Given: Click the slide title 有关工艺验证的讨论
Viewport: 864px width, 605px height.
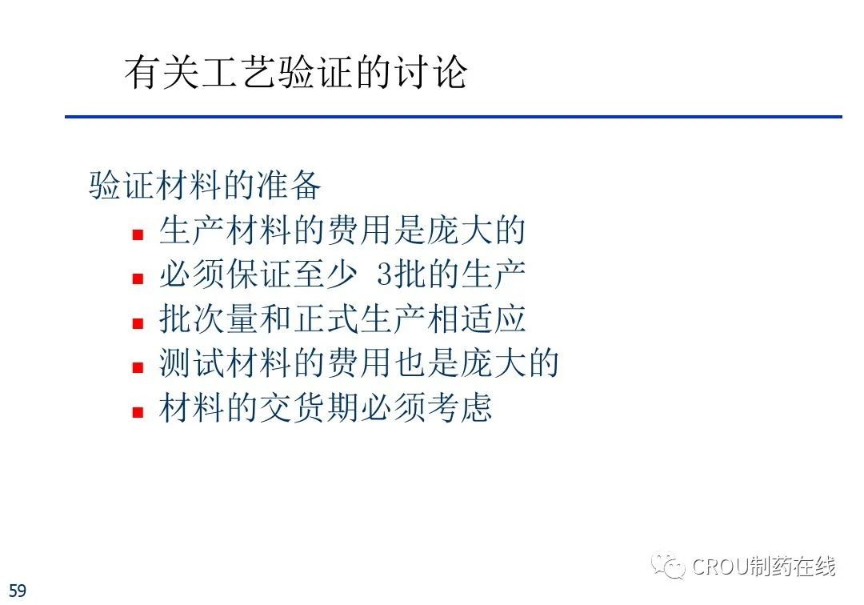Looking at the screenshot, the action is pyautogui.click(x=296, y=72).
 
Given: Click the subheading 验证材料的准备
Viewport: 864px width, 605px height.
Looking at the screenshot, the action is pyautogui.click(x=205, y=185).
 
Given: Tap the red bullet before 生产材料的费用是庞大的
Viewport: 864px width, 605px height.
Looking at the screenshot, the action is pyautogui.click(x=138, y=234).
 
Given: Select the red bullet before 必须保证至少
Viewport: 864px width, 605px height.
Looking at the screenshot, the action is pyautogui.click(x=138, y=278).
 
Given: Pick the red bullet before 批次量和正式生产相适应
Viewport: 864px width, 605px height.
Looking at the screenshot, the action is pyautogui.click(x=138, y=323).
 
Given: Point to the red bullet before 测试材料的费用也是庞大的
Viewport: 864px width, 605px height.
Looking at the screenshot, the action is pyautogui.click(x=138, y=367).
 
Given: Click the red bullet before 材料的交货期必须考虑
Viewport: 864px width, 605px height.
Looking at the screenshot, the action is pyautogui.click(x=138, y=411).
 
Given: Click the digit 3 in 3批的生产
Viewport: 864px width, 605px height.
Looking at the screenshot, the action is pyautogui.click(x=384, y=274).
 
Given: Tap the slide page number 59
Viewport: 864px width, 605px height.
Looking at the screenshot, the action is pyautogui.click(x=18, y=590).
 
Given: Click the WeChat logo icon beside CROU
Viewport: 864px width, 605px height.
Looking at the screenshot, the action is pyautogui.click(x=668, y=565).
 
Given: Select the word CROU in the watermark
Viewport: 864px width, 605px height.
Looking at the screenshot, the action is pyautogui.click(x=720, y=567).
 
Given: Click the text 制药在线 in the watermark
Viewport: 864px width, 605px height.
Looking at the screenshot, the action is pyautogui.click(x=792, y=566).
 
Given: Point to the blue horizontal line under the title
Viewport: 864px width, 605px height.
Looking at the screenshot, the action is pyautogui.click(x=454, y=117).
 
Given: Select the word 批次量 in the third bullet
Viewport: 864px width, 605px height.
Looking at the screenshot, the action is pyautogui.click(x=209, y=319).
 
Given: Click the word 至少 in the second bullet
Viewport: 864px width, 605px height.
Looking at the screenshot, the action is pyautogui.click(x=326, y=274).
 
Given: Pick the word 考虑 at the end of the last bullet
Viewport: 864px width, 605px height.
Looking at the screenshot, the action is pyautogui.click(x=459, y=408).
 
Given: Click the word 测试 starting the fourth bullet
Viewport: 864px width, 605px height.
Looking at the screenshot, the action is pyautogui.click(x=192, y=363).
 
